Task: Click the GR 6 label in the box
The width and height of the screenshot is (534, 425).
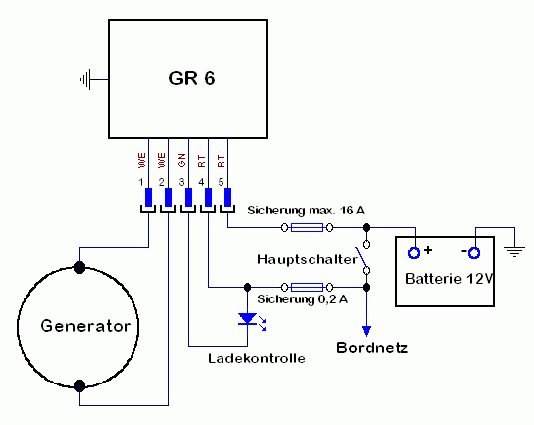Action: pyautogui.click(x=192, y=78)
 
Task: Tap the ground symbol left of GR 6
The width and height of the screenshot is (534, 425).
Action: pyautogui.click(x=86, y=80)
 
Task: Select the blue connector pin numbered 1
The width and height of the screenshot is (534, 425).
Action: pyautogui.click(x=148, y=197)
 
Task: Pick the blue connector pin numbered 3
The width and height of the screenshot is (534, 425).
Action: pyautogui.click(x=188, y=197)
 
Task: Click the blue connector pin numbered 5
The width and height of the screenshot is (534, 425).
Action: pyautogui.click(x=227, y=197)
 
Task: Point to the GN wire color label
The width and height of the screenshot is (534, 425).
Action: pyautogui.click(x=182, y=160)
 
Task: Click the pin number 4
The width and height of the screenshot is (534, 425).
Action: pyautogui.click(x=201, y=183)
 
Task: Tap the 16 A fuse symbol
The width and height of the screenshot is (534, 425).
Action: pyautogui.click(x=307, y=227)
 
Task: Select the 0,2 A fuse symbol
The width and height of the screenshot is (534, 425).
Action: pyautogui.click(x=307, y=288)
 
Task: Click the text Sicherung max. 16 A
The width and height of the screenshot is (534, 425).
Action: pyautogui.click(x=306, y=211)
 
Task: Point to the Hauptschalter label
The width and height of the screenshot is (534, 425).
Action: pyautogui.click(x=307, y=260)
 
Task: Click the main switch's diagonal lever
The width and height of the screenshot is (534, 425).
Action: pyautogui.click(x=361, y=258)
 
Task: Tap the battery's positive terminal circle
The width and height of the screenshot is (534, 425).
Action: pyautogui.click(x=414, y=253)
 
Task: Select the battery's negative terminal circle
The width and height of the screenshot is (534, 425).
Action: pyautogui.click(x=474, y=253)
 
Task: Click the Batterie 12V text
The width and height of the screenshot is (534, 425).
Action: pyautogui.click(x=450, y=279)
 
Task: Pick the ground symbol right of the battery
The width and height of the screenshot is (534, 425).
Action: pyautogui.click(x=514, y=252)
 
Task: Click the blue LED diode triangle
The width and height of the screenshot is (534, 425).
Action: pyautogui.click(x=247, y=319)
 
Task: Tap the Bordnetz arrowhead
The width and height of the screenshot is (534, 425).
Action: pyautogui.click(x=366, y=331)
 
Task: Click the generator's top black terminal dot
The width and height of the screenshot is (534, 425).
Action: pyautogui.click(x=79, y=267)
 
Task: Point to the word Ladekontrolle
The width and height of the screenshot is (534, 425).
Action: pyautogui.click(x=256, y=358)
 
